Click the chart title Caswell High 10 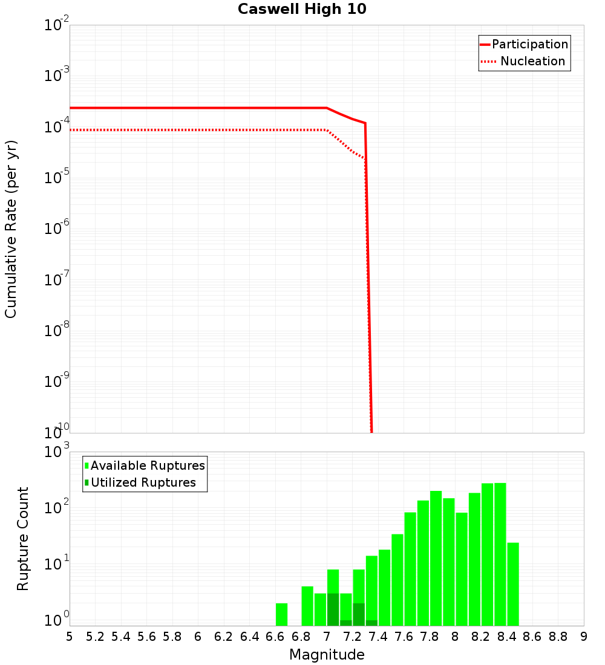302,9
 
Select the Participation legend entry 529,44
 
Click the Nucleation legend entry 532,61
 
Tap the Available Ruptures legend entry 147,465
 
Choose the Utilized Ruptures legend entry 143,482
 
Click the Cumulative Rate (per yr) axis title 11,229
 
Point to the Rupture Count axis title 23,539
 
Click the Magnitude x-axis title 327,654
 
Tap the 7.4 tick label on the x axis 378,636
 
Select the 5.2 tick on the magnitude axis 95,636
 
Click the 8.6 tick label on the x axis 532,636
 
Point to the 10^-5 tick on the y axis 57,178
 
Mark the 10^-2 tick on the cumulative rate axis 57,25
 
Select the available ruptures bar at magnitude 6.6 281,614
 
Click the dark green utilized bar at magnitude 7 333,609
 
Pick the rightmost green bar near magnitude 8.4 513,583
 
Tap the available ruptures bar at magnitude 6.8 307,606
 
